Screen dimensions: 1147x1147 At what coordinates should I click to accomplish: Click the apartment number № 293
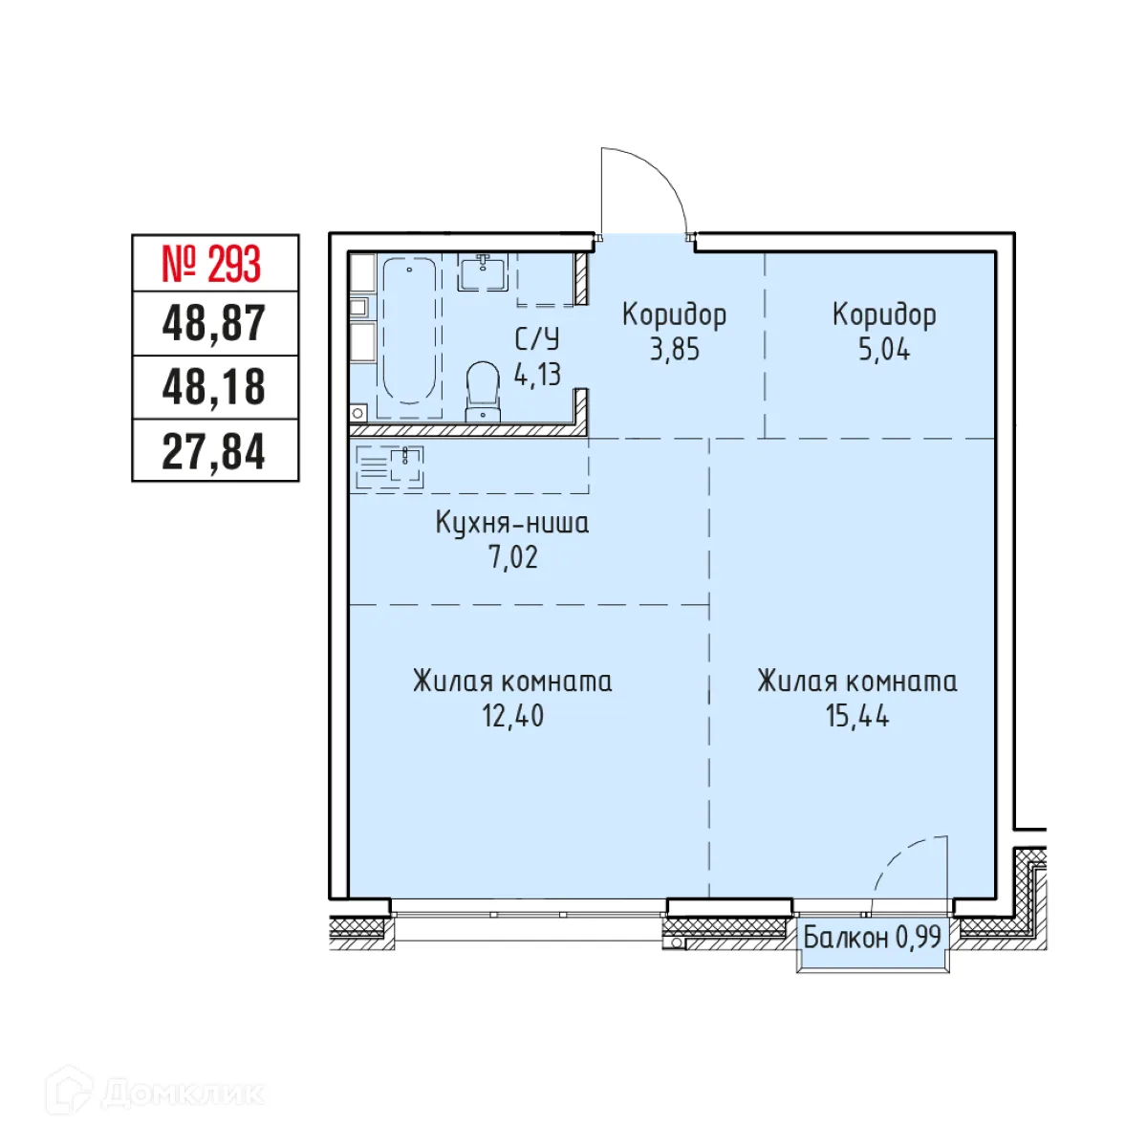(x=212, y=264)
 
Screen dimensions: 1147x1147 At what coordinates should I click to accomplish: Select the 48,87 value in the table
(x=214, y=323)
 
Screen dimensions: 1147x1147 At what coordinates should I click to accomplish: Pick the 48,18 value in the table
(x=214, y=387)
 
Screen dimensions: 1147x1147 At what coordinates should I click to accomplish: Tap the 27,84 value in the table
(x=214, y=451)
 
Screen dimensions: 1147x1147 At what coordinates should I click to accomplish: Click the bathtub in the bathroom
(x=409, y=333)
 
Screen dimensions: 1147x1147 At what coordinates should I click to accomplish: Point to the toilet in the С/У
(x=483, y=391)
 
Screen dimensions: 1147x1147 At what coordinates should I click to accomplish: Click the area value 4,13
(x=537, y=374)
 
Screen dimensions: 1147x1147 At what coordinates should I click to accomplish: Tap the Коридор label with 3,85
(x=674, y=314)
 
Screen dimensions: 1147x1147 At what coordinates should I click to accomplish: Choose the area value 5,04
(x=884, y=350)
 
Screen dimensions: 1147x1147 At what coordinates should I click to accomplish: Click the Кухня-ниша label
(x=512, y=523)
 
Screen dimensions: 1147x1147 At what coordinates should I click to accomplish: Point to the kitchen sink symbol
(x=406, y=467)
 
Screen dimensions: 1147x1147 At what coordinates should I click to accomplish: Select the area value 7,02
(x=513, y=557)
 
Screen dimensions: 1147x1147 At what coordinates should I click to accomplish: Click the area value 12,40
(x=512, y=715)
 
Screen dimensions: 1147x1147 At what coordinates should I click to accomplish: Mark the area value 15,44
(x=857, y=715)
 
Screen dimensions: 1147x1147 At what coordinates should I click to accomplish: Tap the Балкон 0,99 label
(x=872, y=937)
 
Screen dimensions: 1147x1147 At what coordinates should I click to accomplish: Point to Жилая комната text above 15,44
(x=857, y=682)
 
